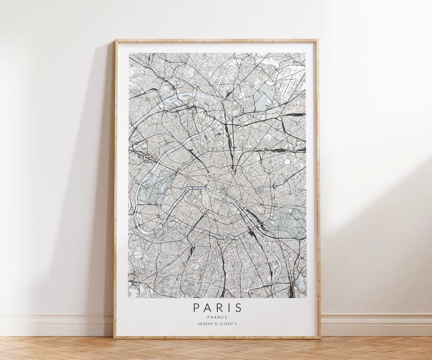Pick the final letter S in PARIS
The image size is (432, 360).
(x=238, y=308)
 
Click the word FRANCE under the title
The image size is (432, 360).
(x=218, y=317)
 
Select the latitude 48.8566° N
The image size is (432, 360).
(x=207, y=324)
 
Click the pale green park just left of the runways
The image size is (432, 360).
(x=264, y=97)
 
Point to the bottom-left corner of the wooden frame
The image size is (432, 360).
(x=115, y=337)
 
